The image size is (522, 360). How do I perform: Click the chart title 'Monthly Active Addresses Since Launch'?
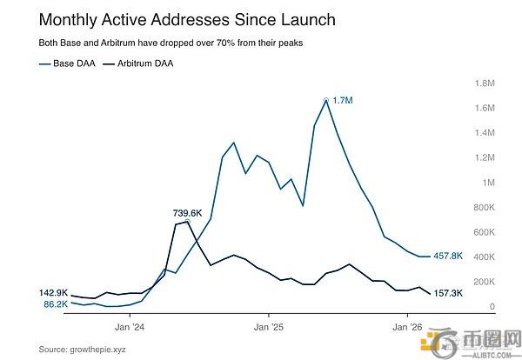pos(174,19)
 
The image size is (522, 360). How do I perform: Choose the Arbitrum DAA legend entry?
pos(141,63)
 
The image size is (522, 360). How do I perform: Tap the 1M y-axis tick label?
pos(487,183)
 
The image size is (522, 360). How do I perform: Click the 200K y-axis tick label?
pos(482,282)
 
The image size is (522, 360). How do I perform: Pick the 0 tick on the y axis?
pos(492,307)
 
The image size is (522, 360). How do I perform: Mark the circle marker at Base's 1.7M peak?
pos(326,101)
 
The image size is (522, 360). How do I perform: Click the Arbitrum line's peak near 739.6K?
pos(188,222)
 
